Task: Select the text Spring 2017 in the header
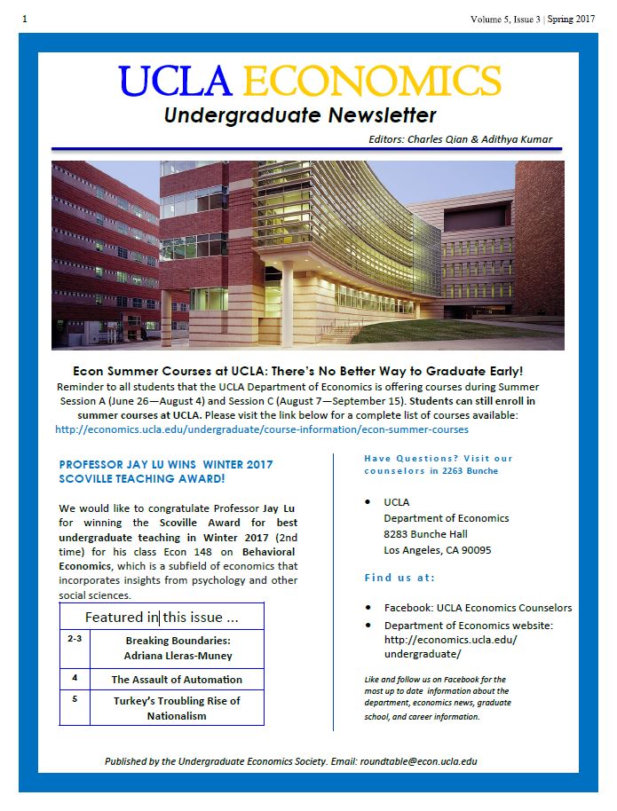pyautogui.click(x=571, y=18)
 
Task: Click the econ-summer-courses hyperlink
pyautogui.click(x=262, y=429)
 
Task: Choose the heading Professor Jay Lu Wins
pyautogui.click(x=165, y=464)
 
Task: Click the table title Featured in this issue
pyautogui.click(x=162, y=617)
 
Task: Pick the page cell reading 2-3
pyautogui.click(x=75, y=639)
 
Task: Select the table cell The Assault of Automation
pyautogui.click(x=177, y=679)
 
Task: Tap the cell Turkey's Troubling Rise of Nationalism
pyautogui.click(x=177, y=707)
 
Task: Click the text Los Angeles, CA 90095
pyautogui.click(x=438, y=550)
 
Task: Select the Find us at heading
pyautogui.click(x=399, y=578)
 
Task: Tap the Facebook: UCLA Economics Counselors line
pyautogui.click(x=478, y=608)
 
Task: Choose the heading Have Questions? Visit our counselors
pyautogui.click(x=439, y=464)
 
